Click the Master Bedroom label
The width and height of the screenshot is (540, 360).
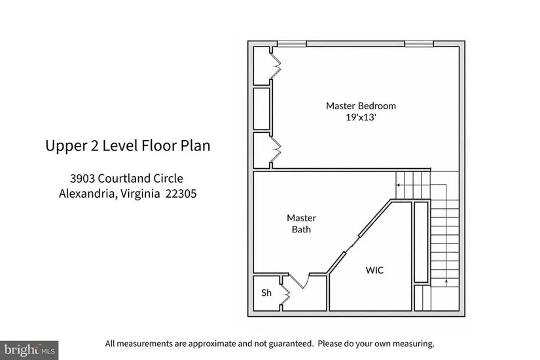(361, 106)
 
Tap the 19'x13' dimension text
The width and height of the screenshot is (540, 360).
(361, 117)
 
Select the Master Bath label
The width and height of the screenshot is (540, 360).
(301, 224)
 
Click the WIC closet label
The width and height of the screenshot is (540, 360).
(374, 270)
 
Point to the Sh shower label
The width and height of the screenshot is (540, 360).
(266, 293)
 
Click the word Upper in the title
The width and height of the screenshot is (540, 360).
(65, 146)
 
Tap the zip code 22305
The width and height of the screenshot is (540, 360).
(181, 194)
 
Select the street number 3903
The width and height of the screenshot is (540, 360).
(82, 179)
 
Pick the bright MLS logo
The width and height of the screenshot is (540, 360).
(29, 350)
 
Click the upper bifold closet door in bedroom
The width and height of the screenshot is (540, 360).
(276, 65)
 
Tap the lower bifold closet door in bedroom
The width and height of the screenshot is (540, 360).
(276, 149)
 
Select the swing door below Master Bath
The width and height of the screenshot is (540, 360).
(299, 281)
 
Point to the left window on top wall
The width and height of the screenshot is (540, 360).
(292, 44)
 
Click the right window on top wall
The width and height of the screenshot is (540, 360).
(419, 44)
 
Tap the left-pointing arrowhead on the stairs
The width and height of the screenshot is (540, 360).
(398, 185)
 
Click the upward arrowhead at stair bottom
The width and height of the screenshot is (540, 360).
(446, 281)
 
